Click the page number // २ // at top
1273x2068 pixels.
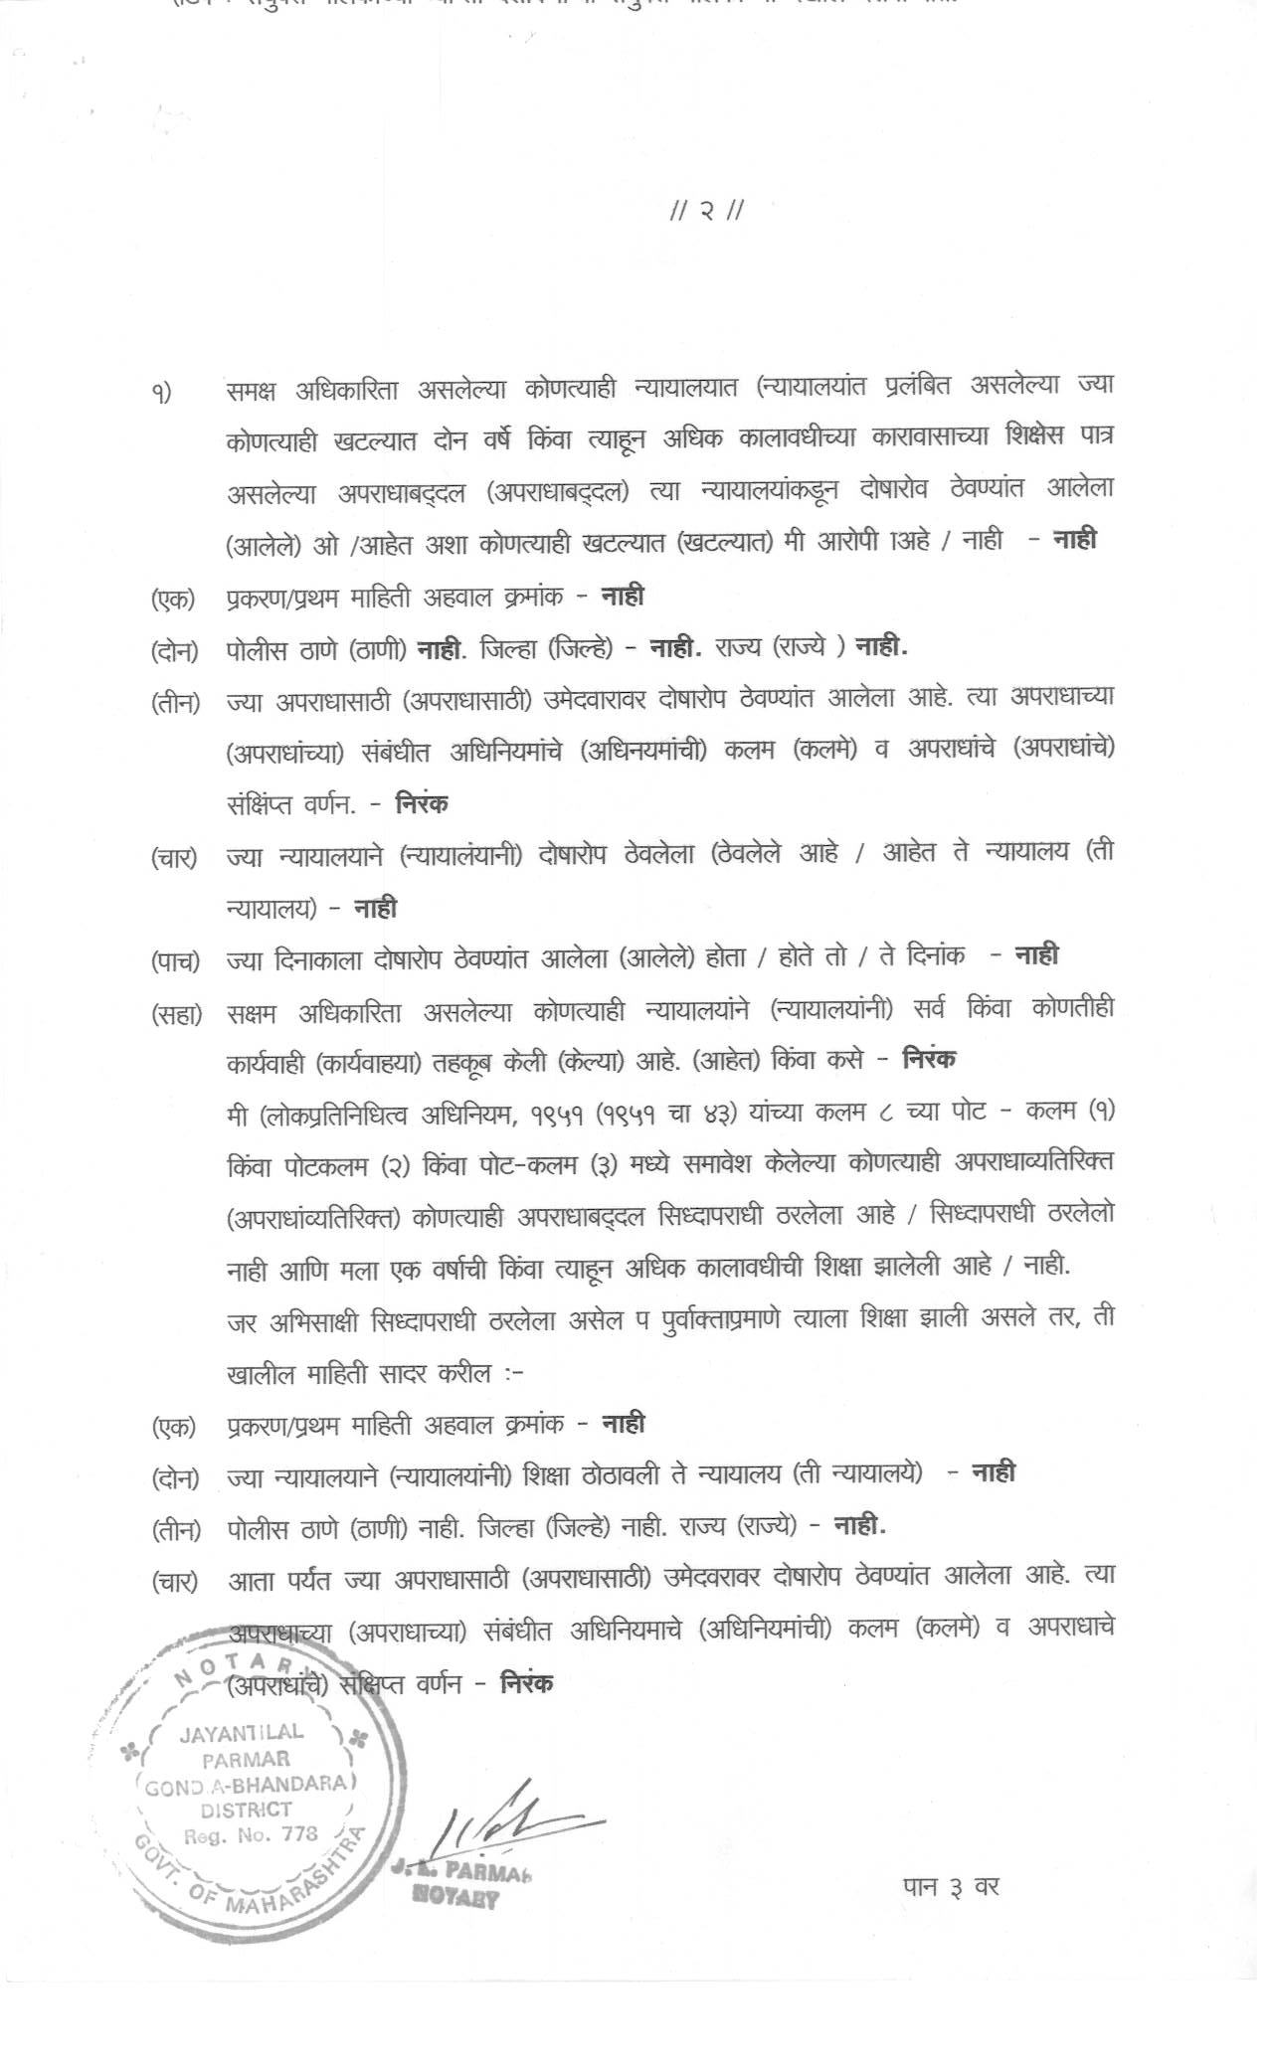pyautogui.click(x=707, y=211)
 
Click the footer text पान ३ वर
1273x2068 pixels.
pyautogui.click(x=950, y=1886)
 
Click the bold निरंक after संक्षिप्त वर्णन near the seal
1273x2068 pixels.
pyautogui.click(x=527, y=1683)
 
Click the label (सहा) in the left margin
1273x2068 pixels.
pyautogui.click(x=176, y=1014)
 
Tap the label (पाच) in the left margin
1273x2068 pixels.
pyautogui.click(x=175, y=961)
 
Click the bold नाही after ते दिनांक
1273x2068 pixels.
pyautogui.click(x=1036, y=955)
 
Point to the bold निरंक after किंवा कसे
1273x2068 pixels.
pyautogui.click(x=929, y=1059)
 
